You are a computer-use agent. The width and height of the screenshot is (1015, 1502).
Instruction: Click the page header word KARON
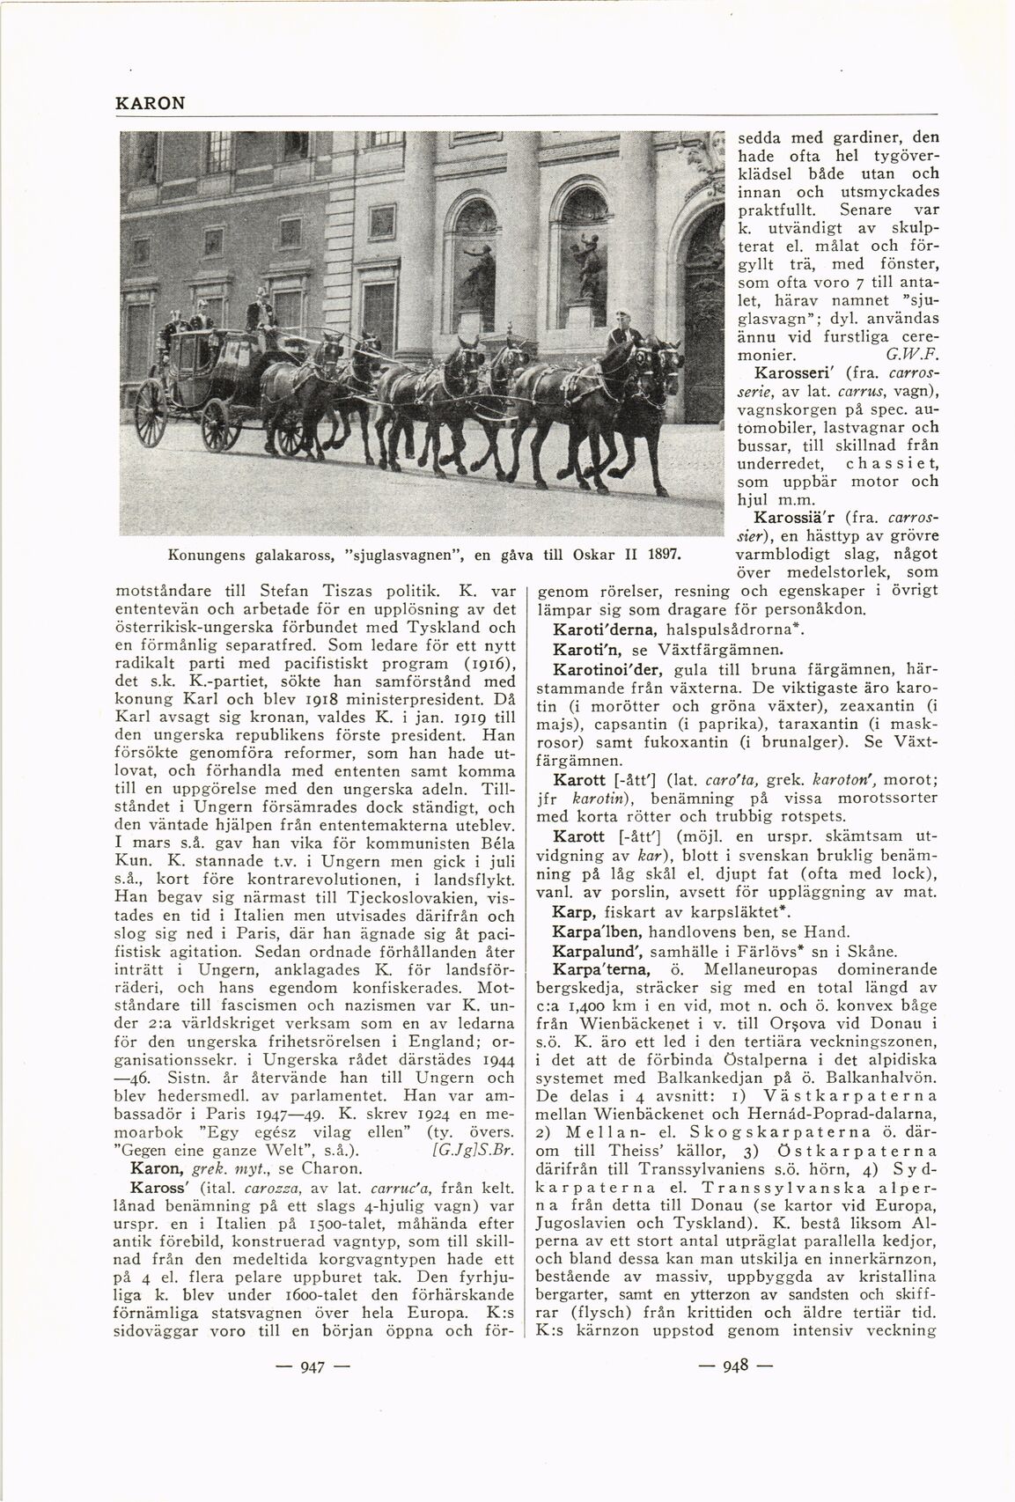pos(150,103)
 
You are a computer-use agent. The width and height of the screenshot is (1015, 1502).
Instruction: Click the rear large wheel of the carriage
pos(151,413)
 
